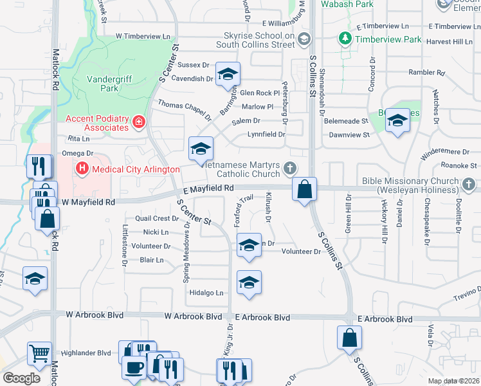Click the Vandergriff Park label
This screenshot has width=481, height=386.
click(98, 85)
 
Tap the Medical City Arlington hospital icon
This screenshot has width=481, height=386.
click(82, 170)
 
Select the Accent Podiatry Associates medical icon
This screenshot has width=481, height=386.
click(138, 122)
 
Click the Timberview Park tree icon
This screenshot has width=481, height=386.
click(345, 39)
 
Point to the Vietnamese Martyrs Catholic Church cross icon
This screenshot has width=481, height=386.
click(290, 169)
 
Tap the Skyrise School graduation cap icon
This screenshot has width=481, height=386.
click(304, 40)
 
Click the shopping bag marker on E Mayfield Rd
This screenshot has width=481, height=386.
click(305, 189)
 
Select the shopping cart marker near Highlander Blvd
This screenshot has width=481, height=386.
click(39, 353)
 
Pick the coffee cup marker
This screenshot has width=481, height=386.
click(134, 368)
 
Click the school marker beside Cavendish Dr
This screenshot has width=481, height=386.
click(228, 75)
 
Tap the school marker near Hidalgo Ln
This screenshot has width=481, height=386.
click(250, 282)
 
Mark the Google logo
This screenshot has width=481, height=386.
click(21, 378)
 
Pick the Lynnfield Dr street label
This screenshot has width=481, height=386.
click(266, 134)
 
